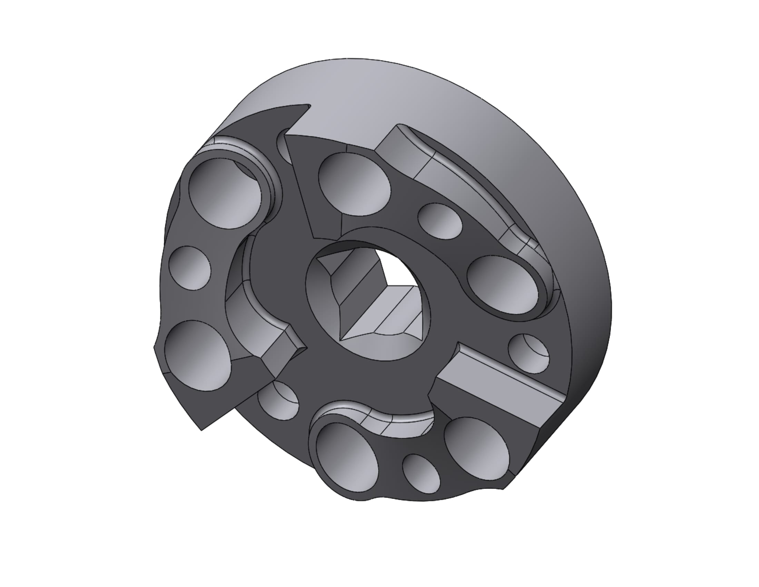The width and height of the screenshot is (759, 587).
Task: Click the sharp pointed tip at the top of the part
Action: pos(307,105)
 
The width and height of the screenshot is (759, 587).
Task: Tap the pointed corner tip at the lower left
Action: pos(201,430)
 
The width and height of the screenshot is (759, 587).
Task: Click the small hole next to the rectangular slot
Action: pos(528,353)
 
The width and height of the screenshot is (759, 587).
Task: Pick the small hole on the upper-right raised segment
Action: pos(440,221)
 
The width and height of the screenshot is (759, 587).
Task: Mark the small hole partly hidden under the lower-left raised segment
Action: pos(278,400)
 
